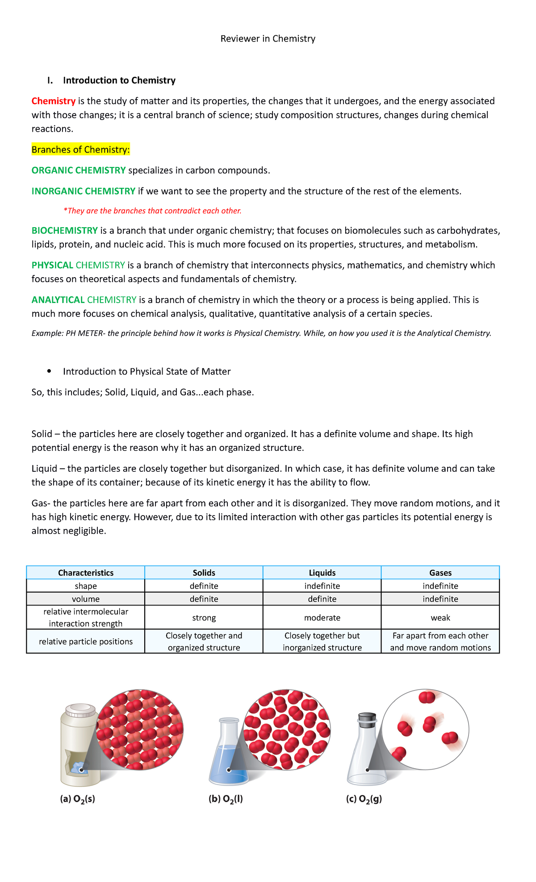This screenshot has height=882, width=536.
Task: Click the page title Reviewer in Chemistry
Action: (268, 39)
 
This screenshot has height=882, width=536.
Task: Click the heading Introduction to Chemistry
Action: (119, 80)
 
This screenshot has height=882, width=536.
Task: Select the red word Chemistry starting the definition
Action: (53, 101)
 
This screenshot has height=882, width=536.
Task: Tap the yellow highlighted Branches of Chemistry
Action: (80, 150)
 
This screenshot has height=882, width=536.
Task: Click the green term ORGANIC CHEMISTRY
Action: (79, 170)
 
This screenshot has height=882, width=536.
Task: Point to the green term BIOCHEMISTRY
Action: (64, 230)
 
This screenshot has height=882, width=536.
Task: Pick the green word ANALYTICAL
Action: (58, 300)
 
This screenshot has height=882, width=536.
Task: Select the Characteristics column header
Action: (86, 573)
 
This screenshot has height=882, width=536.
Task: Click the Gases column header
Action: (440, 573)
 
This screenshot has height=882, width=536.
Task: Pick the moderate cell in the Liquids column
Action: (322, 618)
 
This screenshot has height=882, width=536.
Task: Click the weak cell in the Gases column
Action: (440, 618)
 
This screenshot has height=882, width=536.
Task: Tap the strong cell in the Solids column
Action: (204, 618)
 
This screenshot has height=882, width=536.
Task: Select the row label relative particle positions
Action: (86, 641)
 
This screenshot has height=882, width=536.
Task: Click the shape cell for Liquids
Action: (322, 586)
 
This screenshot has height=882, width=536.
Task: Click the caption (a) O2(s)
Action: (77, 799)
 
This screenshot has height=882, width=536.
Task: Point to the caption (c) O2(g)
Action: (364, 799)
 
